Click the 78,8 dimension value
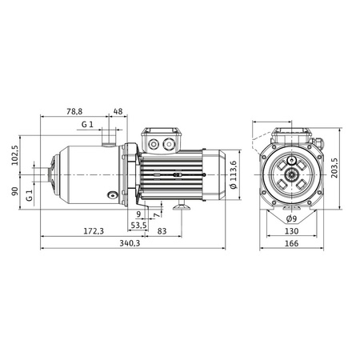(x=74, y=111)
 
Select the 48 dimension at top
(x=118, y=111)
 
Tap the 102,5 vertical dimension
(x=15, y=155)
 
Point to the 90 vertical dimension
(x=15, y=191)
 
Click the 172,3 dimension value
(x=94, y=231)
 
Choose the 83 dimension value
(x=162, y=231)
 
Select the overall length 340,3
(x=130, y=243)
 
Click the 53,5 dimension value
(x=138, y=226)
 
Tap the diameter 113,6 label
(x=234, y=174)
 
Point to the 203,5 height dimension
(x=334, y=168)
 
